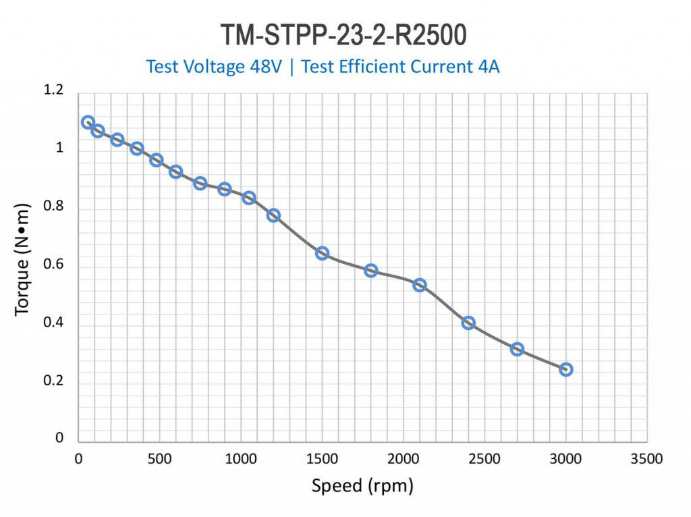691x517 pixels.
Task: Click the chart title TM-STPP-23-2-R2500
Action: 343,34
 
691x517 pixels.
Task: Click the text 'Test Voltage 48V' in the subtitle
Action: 214,67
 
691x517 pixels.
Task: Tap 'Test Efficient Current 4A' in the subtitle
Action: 400,67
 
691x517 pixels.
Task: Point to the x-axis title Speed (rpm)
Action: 362,485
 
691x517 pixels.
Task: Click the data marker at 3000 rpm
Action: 566,369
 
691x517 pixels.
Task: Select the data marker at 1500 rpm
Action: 322,253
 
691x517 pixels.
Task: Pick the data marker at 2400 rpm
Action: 468,323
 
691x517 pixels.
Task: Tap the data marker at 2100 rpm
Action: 420,285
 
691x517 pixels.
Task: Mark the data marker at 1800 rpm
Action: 370,270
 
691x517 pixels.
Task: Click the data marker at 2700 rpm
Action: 517,349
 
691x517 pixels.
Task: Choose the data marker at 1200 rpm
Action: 273,215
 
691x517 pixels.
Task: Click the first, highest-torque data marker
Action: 88,122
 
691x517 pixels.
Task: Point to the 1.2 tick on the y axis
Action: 54,90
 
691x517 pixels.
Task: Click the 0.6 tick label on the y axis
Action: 54,265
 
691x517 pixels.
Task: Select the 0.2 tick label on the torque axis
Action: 54,381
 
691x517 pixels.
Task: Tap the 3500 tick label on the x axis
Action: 646,460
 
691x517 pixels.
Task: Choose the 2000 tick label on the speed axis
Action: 404,460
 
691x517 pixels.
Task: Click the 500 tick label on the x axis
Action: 160,460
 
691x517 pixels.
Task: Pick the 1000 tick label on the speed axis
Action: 241,460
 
